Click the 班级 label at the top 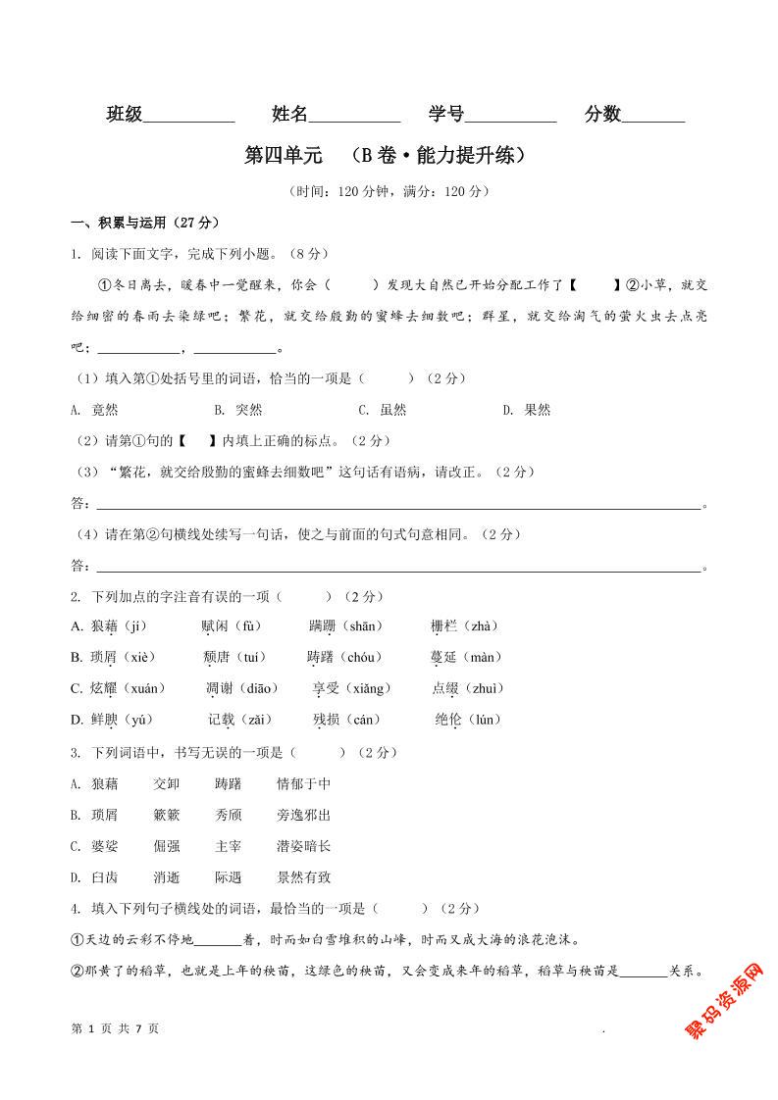coord(125,115)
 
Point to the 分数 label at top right coord(602,115)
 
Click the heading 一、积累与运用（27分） coord(145,223)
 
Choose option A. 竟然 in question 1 coord(94,410)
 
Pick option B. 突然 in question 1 coord(238,410)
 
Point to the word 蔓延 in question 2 coord(444,657)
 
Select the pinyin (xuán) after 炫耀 coord(141,688)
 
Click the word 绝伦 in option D coord(448,720)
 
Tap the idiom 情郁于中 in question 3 coord(303,783)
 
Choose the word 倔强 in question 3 coord(167,846)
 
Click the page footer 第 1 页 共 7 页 coord(116,1028)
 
